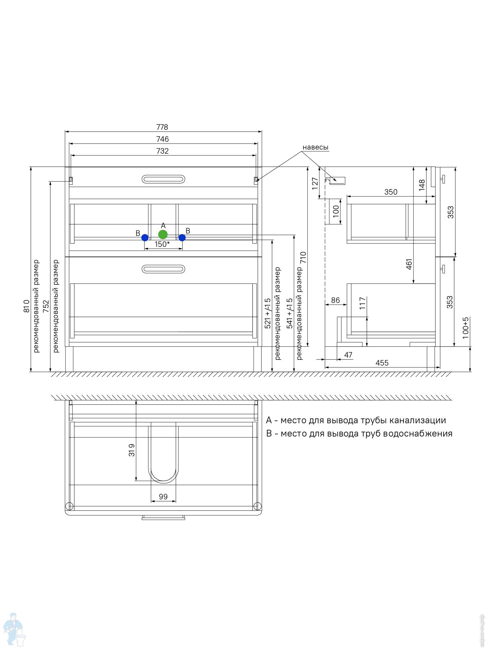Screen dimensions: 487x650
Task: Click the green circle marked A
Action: click(x=163, y=234)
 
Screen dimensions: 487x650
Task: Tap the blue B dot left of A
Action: click(x=145, y=238)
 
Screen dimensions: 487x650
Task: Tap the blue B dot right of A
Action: click(x=182, y=238)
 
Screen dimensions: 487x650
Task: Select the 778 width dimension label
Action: click(x=162, y=127)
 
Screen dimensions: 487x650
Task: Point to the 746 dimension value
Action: click(x=162, y=139)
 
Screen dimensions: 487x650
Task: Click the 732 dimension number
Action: click(x=162, y=151)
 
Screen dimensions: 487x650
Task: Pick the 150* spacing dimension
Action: click(x=162, y=244)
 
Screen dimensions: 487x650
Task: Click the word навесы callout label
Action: click(x=315, y=147)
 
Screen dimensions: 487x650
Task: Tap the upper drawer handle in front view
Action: click(x=163, y=179)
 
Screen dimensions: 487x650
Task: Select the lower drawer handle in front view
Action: click(x=163, y=269)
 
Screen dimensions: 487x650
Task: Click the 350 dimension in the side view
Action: click(x=391, y=192)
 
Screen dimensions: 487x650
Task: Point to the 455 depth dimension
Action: click(x=382, y=363)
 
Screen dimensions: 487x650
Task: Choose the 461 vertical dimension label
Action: click(x=409, y=264)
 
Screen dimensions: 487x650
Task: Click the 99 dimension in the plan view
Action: click(x=163, y=497)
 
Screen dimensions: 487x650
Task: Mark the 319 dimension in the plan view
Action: click(x=132, y=450)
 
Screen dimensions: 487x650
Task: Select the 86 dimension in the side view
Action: click(x=335, y=300)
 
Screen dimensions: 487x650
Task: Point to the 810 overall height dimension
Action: click(x=27, y=306)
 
